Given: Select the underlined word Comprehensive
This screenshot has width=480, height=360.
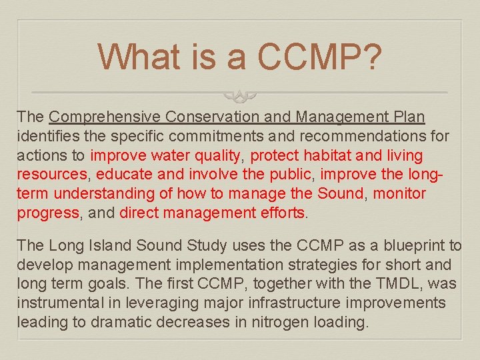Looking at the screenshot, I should [105, 117].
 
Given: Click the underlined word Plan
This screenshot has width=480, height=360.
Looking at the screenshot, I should [408, 117].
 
